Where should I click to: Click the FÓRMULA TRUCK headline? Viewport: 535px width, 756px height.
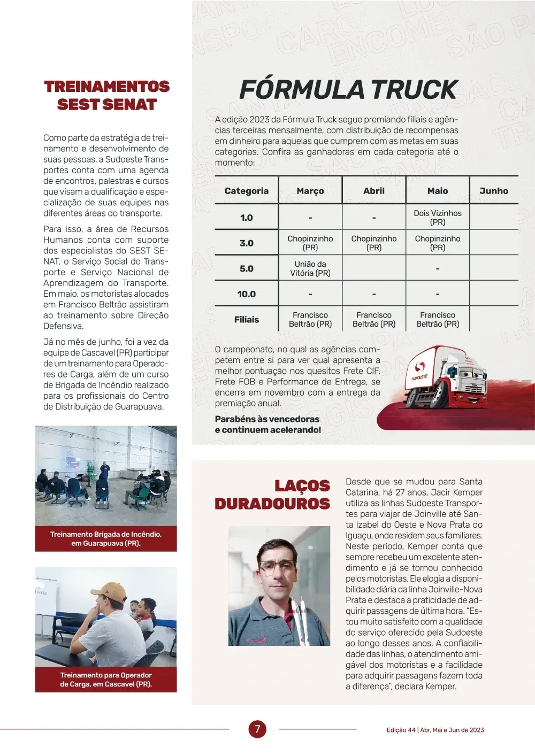(x=348, y=90)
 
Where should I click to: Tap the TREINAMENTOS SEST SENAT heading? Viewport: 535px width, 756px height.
(x=107, y=95)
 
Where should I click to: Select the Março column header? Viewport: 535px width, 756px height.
(x=310, y=191)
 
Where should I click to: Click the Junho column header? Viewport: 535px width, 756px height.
(x=494, y=191)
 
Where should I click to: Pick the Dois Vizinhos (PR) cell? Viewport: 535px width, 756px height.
(x=438, y=217)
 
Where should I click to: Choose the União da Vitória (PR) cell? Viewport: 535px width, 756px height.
(x=310, y=268)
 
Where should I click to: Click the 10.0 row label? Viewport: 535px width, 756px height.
(x=247, y=294)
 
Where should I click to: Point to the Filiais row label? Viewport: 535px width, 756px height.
(x=247, y=320)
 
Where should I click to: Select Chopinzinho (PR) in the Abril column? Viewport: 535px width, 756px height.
(x=374, y=243)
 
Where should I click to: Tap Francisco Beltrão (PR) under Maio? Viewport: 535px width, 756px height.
(x=438, y=320)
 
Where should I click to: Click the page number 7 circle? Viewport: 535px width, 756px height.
(x=257, y=729)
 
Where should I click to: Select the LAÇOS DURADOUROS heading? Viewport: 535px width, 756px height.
(x=272, y=495)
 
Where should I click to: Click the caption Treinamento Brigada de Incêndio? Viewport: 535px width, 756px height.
(x=106, y=538)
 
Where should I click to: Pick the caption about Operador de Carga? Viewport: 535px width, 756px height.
(x=106, y=680)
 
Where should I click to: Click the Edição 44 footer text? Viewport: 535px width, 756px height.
(x=435, y=730)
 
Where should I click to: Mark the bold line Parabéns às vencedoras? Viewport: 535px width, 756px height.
(x=267, y=425)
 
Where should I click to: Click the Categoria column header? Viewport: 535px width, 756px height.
(x=247, y=191)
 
